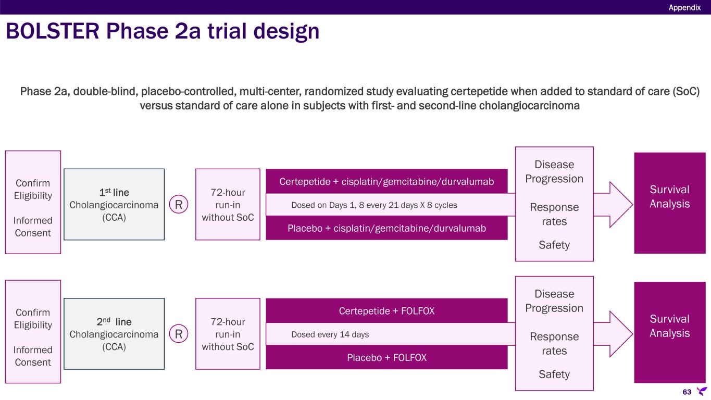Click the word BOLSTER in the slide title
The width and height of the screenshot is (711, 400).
[53, 31]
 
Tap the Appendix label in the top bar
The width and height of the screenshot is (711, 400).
[684, 7]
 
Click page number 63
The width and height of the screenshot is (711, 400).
[687, 392]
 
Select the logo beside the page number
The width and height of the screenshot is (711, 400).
[702, 391]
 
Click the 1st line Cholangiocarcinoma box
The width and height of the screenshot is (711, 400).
[114, 205]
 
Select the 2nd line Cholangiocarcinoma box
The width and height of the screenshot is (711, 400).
[114, 334]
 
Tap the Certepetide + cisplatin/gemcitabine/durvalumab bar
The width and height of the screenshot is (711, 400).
[386, 181]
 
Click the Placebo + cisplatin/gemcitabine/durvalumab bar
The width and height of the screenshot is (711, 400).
[386, 228]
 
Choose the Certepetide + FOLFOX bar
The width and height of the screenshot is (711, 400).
[386, 310]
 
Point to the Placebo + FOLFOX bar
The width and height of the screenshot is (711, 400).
[386, 357]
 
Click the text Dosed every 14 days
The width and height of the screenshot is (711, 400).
[330, 334]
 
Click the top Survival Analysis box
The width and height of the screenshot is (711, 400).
[670, 203]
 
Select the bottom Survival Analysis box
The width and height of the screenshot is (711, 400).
[670, 332]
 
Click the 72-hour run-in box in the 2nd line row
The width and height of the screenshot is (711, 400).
[228, 334]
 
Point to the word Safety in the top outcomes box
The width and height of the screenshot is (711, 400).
[554, 245]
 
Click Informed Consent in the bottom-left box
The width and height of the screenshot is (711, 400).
[33, 356]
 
